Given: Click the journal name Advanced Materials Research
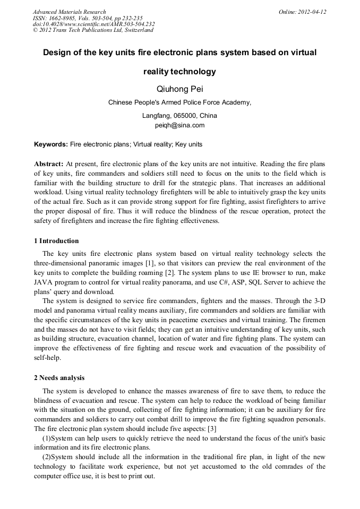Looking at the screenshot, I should tap(69, 12).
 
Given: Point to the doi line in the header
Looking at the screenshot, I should tap(93, 24).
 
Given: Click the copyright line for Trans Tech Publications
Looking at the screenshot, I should tap(93, 30).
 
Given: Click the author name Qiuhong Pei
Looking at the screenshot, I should tap(179, 89).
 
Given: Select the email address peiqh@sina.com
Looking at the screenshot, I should tap(179, 125).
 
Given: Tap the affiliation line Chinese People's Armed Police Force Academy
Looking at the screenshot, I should tap(179, 103).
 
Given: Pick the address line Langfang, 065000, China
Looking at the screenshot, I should tap(179, 116).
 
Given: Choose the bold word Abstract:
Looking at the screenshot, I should tap(49, 164).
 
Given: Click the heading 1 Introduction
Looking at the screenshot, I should tap(56, 241).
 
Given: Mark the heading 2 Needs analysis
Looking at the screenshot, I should tap(59, 378).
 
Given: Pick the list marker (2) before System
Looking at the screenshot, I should tap(47, 457).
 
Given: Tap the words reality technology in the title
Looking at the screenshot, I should tap(179, 71).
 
